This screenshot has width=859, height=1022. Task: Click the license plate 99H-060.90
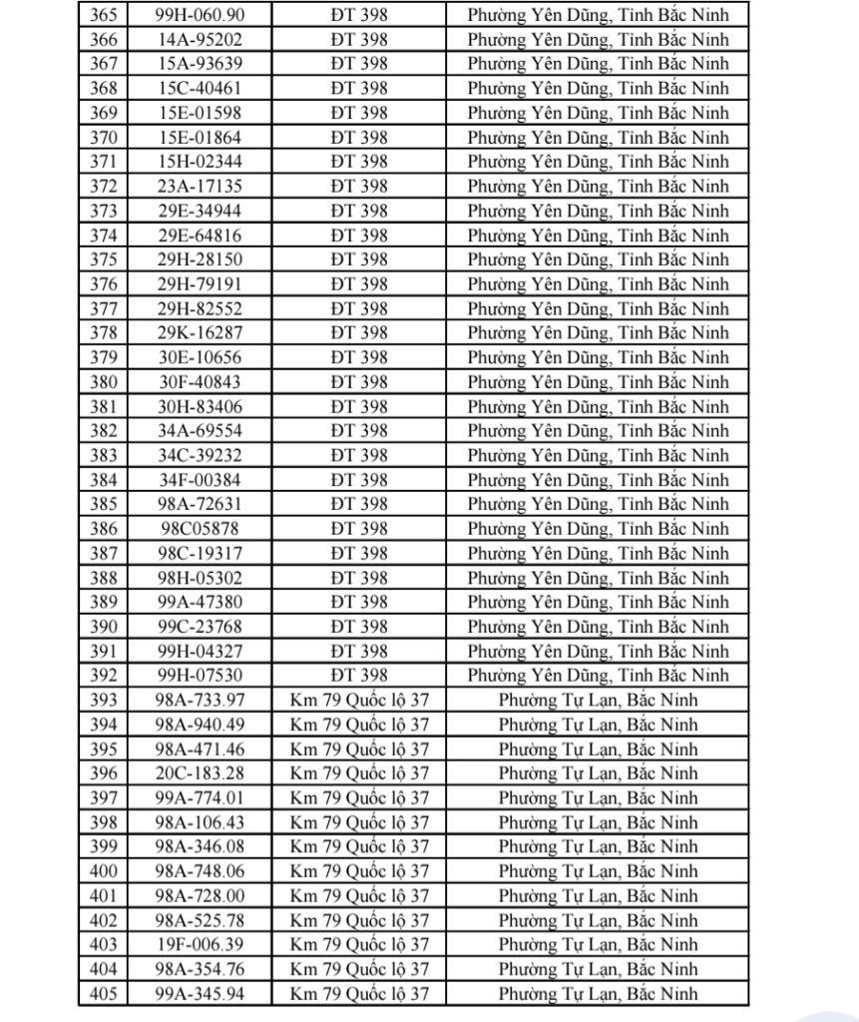click(200, 15)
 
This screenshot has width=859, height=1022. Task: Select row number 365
click(103, 15)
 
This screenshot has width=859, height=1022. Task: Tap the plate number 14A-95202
click(200, 39)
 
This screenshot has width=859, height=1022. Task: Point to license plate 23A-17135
click(200, 186)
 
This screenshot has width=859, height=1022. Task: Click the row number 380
click(103, 382)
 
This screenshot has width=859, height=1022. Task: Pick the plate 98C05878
click(200, 529)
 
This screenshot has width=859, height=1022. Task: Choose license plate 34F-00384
click(200, 480)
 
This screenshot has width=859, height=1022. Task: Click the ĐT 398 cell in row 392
click(357, 676)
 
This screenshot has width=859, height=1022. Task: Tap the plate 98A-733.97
click(200, 701)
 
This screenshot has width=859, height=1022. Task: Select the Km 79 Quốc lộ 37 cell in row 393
click(358, 701)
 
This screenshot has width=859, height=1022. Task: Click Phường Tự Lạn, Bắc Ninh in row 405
click(598, 993)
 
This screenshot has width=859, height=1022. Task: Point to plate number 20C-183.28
click(200, 773)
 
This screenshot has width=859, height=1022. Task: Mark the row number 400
click(103, 871)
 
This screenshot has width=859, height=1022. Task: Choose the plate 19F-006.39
click(200, 944)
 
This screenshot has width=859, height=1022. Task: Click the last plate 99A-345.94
click(200, 993)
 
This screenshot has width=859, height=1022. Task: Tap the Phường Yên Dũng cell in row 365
click(598, 15)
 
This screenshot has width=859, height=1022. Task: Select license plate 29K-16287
click(200, 333)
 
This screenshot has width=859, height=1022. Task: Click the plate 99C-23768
click(200, 627)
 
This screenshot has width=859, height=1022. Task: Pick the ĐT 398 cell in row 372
click(357, 186)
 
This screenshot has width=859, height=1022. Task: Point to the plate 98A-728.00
click(200, 895)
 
